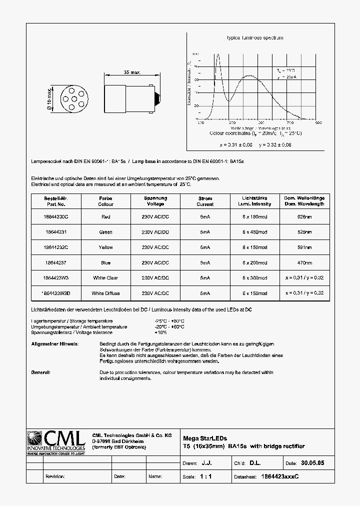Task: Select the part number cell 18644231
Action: [55, 232]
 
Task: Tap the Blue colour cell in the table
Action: [105, 263]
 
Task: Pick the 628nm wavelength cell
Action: [304, 217]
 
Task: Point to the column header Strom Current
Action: [205, 201]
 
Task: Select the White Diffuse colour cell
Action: [105, 293]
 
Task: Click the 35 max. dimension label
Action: [132, 73]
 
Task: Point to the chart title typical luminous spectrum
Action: [255, 38]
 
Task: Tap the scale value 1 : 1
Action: [205, 477]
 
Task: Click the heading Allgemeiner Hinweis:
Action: [54, 344]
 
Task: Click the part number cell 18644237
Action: [55, 263]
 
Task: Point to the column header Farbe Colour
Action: [105, 201]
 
